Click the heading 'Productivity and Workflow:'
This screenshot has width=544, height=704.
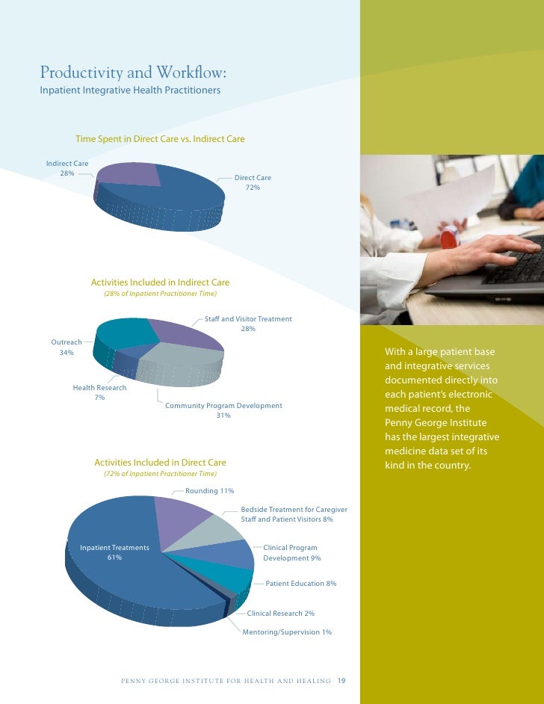click(133, 73)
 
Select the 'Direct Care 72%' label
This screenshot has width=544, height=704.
click(253, 182)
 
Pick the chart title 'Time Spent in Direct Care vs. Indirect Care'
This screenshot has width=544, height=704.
click(160, 139)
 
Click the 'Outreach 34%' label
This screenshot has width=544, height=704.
click(67, 347)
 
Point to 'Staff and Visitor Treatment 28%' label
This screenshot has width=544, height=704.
click(248, 324)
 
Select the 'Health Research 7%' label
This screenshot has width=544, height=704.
click(99, 392)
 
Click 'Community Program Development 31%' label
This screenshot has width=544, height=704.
click(223, 410)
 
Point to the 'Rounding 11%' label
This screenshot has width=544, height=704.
click(209, 491)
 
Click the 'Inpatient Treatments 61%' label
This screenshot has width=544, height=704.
click(114, 552)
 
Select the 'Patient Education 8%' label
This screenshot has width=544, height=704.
click(300, 583)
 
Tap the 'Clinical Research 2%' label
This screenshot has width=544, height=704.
click(280, 614)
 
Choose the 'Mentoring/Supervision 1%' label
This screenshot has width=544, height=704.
click(287, 632)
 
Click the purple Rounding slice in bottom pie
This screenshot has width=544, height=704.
click(182, 516)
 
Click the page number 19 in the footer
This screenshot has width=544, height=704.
click(341, 681)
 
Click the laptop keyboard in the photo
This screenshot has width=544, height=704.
click(515, 269)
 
